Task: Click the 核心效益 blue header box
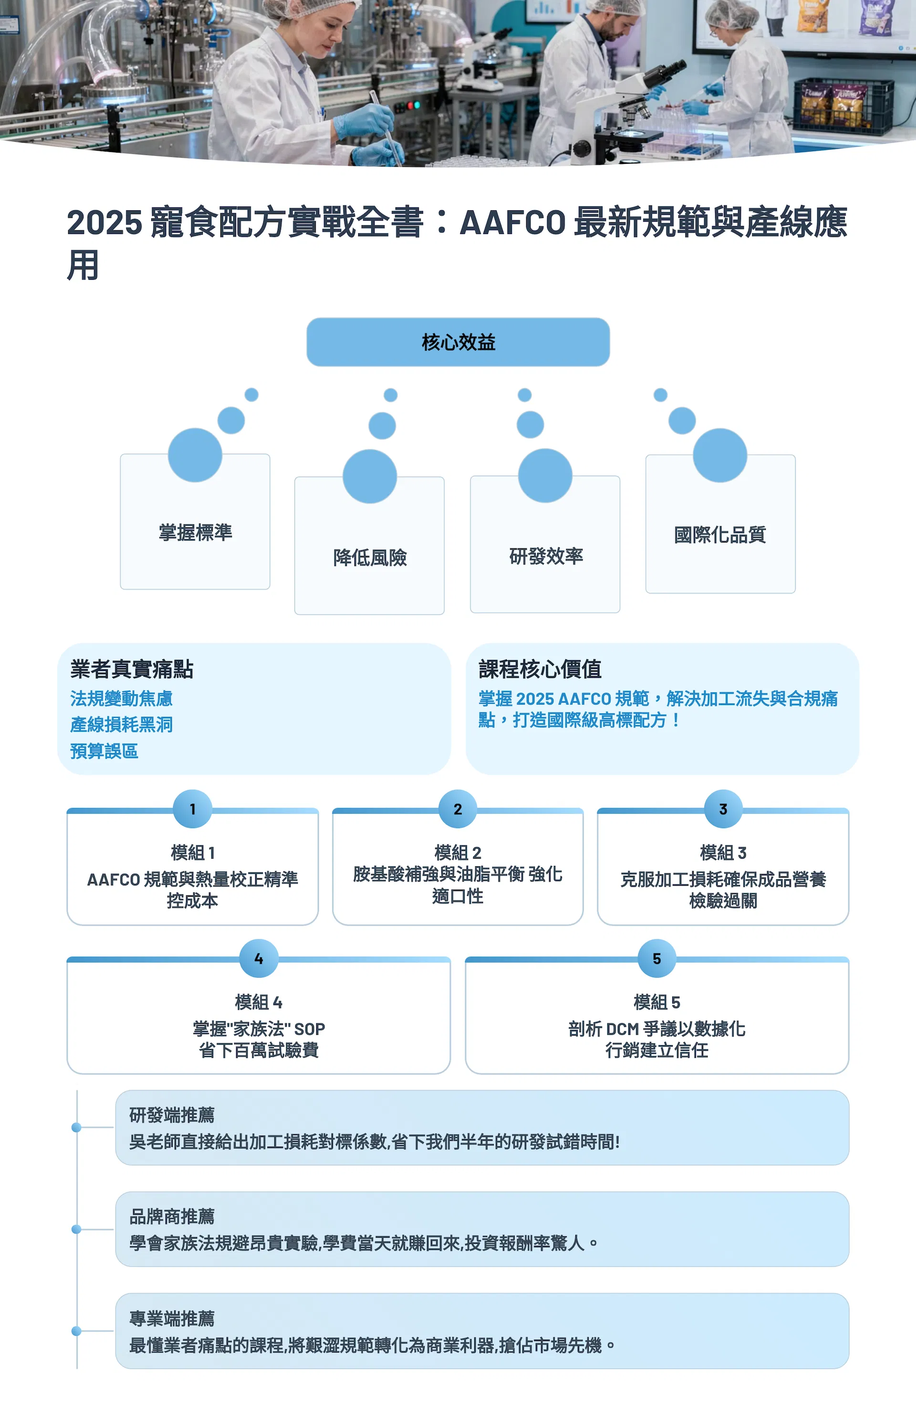458,342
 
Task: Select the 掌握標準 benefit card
195,521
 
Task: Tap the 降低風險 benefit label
370,557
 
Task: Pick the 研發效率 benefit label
546,555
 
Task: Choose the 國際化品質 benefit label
720,535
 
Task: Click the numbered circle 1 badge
193,809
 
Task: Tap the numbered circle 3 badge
723,809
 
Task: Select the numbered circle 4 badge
259,958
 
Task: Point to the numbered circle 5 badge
657,958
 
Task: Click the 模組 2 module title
458,852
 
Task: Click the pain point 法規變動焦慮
121,698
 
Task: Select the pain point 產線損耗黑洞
121,724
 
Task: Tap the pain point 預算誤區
104,751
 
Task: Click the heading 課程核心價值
540,669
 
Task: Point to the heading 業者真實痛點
132,669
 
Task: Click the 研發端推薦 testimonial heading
172,1115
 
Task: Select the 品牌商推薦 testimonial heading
172,1216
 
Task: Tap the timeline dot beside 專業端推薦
76,1331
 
